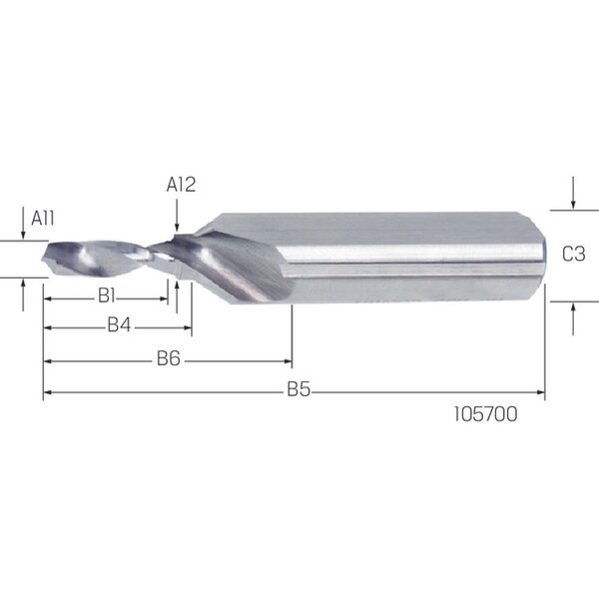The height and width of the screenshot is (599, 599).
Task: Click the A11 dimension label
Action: tap(42, 218)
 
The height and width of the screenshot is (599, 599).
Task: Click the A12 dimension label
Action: tap(181, 185)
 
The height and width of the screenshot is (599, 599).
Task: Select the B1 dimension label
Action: tap(107, 296)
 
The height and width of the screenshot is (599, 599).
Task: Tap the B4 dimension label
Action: tap(119, 324)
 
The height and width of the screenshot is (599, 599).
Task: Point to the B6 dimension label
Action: tap(169, 358)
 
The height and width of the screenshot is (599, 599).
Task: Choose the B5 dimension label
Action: tap(299, 389)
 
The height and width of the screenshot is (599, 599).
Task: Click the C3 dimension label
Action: tap(573, 254)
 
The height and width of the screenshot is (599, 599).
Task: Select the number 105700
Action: tap(485, 414)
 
